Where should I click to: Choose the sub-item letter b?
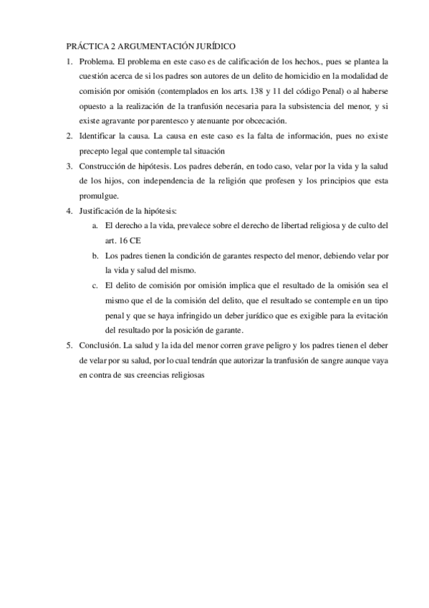click(x=95, y=256)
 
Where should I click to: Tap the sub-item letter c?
click(x=95, y=286)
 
